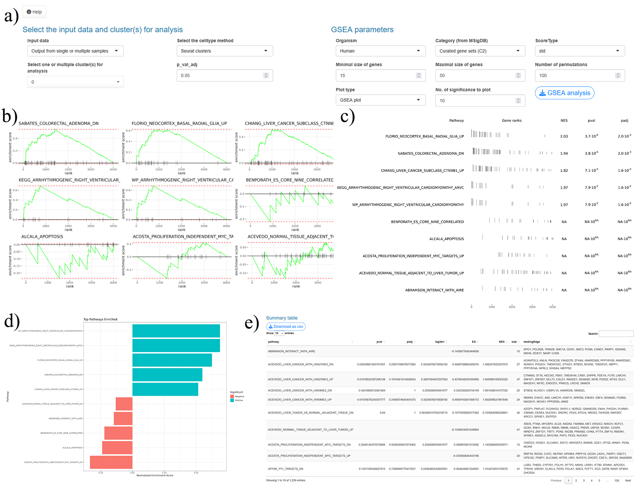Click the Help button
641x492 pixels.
(x=34, y=12)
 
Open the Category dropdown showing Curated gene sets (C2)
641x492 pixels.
(x=480, y=51)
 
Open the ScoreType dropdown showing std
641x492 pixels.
(x=579, y=51)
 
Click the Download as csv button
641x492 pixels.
(x=286, y=327)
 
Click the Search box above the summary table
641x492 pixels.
(x=616, y=334)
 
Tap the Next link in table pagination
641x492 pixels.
(x=628, y=481)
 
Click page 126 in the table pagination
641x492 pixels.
(x=616, y=481)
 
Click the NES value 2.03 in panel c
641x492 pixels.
(x=564, y=136)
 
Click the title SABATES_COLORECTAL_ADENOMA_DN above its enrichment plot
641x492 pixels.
(x=58, y=124)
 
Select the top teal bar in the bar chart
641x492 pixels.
(x=176, y=331)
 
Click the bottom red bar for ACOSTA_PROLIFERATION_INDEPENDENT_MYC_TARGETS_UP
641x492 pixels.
(x=111, y=462)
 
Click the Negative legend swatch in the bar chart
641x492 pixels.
(x=232, y=396)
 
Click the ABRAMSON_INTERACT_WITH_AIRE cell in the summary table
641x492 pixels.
(x=291, y=351)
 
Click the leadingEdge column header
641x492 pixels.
(x=532, y=342)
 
